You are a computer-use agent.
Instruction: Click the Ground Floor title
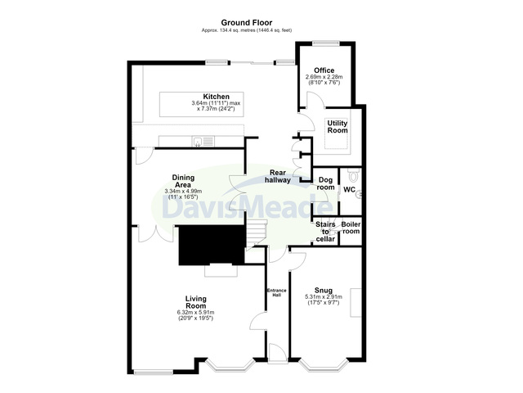pyautogui.click(x=247, y=23)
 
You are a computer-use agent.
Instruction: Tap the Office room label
pyautogui.click(x=324, y=70)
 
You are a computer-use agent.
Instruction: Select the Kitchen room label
pyautogui.click(x=216, y=97)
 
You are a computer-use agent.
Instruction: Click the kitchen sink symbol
pyautogui.click(x=203, y=142)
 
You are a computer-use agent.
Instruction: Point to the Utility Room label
pyautogui.click(x=337, y=127)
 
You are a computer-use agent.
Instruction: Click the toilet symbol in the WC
pyautogui.click(x=353, y=174)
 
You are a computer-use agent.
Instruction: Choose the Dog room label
pyautogui.click(x=325, y=183)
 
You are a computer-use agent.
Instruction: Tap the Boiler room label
pyautogui.click(x=351, y=228)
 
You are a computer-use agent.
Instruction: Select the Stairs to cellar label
pyautogui.click(x=325, y=232)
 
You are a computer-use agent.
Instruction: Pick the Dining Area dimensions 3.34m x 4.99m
pyautogui.click(x=183, y=192)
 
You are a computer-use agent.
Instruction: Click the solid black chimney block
pyautogui.click(x=212, y=245)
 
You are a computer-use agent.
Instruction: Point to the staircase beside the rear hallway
pyautogui.click(x=256, y=233)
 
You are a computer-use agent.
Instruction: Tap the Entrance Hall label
pyautogui.click(x=277, y=293)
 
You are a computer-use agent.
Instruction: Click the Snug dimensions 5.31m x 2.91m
pyautogui.click(x=324, y=296)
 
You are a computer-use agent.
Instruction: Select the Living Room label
pyautogui.click(x=196, y=302)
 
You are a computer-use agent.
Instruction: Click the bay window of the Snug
pyautogui.click(x=323, y=365)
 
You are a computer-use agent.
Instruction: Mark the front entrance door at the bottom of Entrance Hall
pyautogui.click(x=278, y=353)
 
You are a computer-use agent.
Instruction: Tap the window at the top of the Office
pyautogui.click(x=326, y=43)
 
